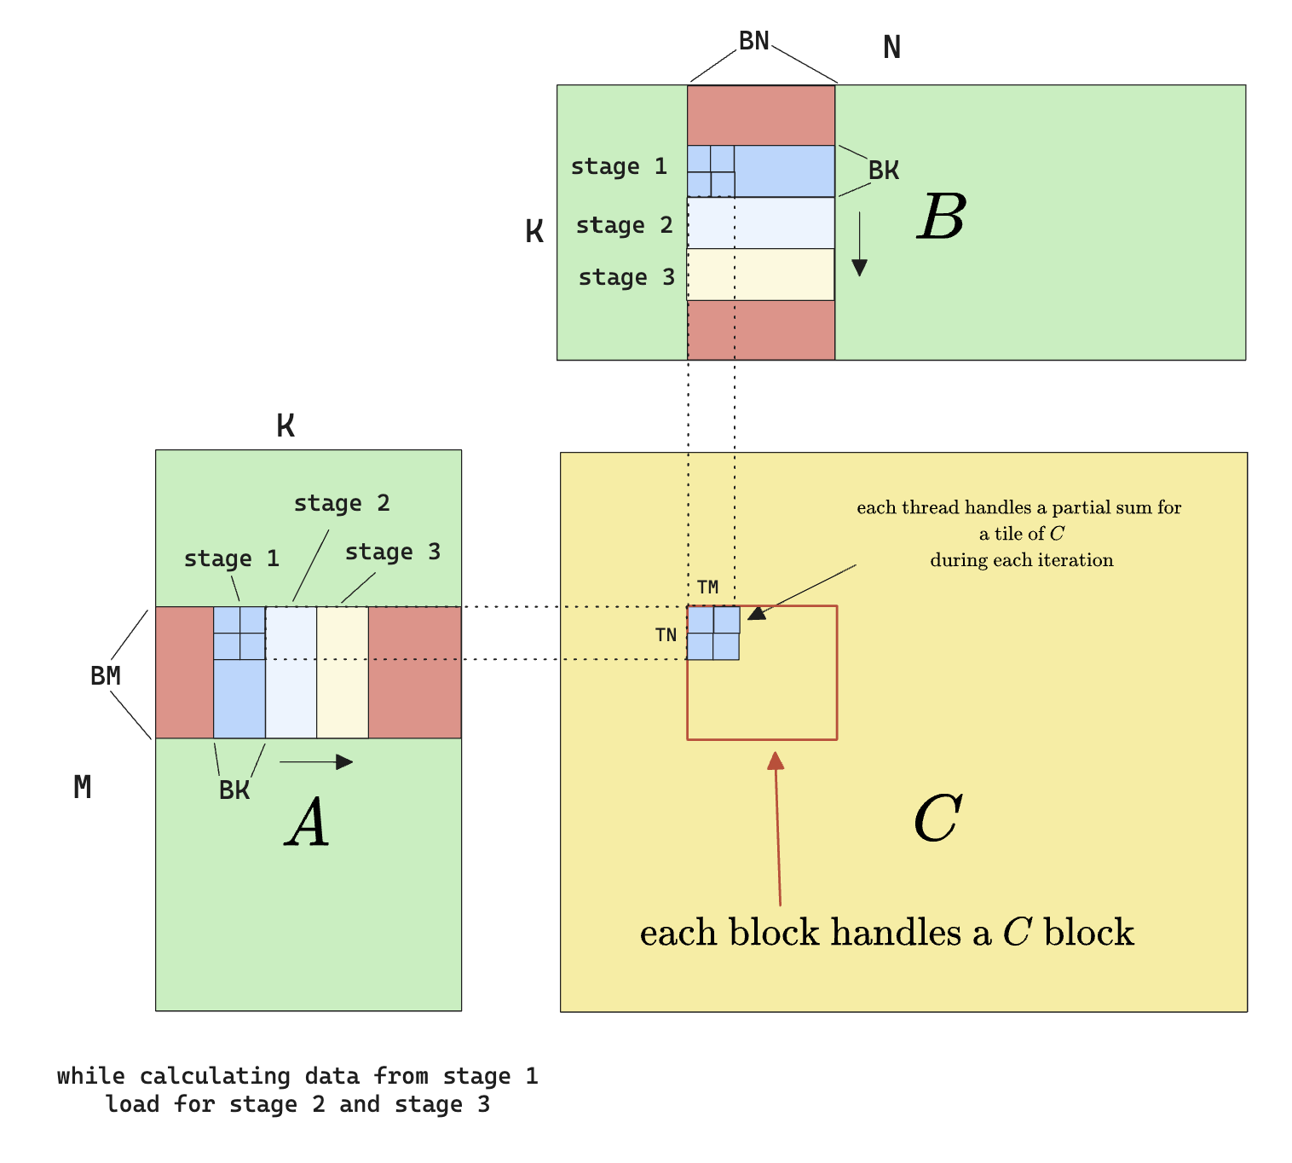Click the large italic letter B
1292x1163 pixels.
tap(942, 217)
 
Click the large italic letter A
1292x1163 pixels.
tap(308, 823)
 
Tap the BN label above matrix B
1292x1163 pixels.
tap(753, 41)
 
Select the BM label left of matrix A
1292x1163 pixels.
tap(106, 676)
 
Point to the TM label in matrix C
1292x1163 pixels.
tap(707, 587)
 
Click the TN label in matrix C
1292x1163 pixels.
tap(666, 635)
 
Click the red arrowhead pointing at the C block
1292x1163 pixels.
tap(775, 761)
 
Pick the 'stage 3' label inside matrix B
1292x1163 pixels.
tap(626, 277)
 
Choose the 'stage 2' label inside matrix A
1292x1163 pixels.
tap(342, 503)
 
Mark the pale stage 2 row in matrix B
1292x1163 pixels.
tap(760, 223)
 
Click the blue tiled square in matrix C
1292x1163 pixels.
tap(713, 633)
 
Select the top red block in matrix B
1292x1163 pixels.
tap(761, 115)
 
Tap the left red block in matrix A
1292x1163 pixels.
tap(184, 672)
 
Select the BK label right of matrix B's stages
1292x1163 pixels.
tap(884, 171)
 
